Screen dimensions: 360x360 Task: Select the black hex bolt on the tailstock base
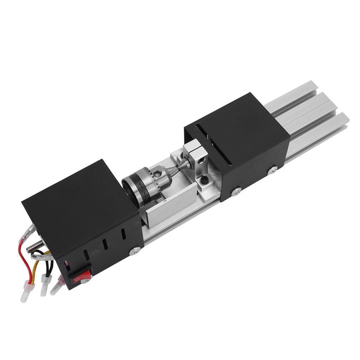[x=204, y=180]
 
